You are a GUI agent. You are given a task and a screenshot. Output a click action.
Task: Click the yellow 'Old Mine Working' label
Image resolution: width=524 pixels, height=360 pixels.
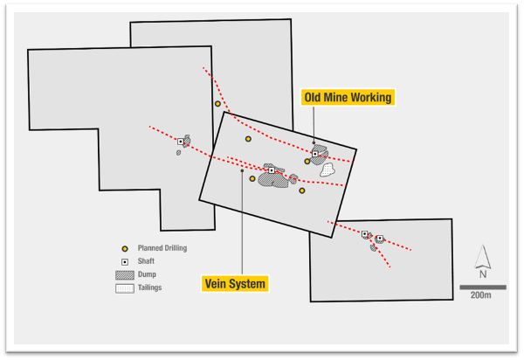(348, 96)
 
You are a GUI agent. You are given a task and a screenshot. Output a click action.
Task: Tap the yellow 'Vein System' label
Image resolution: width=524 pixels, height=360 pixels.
(234, 283)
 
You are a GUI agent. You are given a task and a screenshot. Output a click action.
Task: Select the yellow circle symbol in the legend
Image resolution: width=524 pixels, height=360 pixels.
(125, 248)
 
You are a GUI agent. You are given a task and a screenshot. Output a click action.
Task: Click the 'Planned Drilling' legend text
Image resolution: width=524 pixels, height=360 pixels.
(162, 248)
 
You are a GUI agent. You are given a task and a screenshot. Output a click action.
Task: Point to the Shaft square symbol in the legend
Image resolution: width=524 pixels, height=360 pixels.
(125, 261)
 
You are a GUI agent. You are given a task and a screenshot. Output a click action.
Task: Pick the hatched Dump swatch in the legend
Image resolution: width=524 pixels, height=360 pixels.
(125, 274)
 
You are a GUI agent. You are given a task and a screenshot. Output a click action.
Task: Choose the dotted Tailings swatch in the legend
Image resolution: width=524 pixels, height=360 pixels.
(125, 287)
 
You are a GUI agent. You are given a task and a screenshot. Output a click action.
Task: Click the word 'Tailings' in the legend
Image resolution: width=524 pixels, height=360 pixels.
(150, 287)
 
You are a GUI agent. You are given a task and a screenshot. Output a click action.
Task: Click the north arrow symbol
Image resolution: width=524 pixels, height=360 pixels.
(482, 259)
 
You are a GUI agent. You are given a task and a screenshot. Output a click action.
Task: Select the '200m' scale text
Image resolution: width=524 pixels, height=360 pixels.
(480, 295)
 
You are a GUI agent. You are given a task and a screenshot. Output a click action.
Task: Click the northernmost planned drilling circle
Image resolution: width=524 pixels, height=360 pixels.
(218, 104)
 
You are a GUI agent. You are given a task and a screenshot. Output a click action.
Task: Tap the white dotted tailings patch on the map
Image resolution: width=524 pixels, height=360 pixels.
(327, 170)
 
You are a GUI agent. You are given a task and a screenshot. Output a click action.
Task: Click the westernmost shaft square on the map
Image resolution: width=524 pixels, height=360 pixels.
(181, 142)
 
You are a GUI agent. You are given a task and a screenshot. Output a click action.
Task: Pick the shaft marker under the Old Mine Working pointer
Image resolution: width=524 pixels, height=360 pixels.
(315, 154)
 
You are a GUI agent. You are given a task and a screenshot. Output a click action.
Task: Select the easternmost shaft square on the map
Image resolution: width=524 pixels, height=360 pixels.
(379, 238)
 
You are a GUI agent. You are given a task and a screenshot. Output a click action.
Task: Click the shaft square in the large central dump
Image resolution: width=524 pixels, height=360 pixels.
(272, 170)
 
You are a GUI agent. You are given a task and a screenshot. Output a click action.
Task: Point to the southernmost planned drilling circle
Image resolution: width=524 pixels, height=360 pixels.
(302, 190)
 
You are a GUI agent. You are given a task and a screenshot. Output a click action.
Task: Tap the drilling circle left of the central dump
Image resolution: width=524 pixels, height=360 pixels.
(252, 179)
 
